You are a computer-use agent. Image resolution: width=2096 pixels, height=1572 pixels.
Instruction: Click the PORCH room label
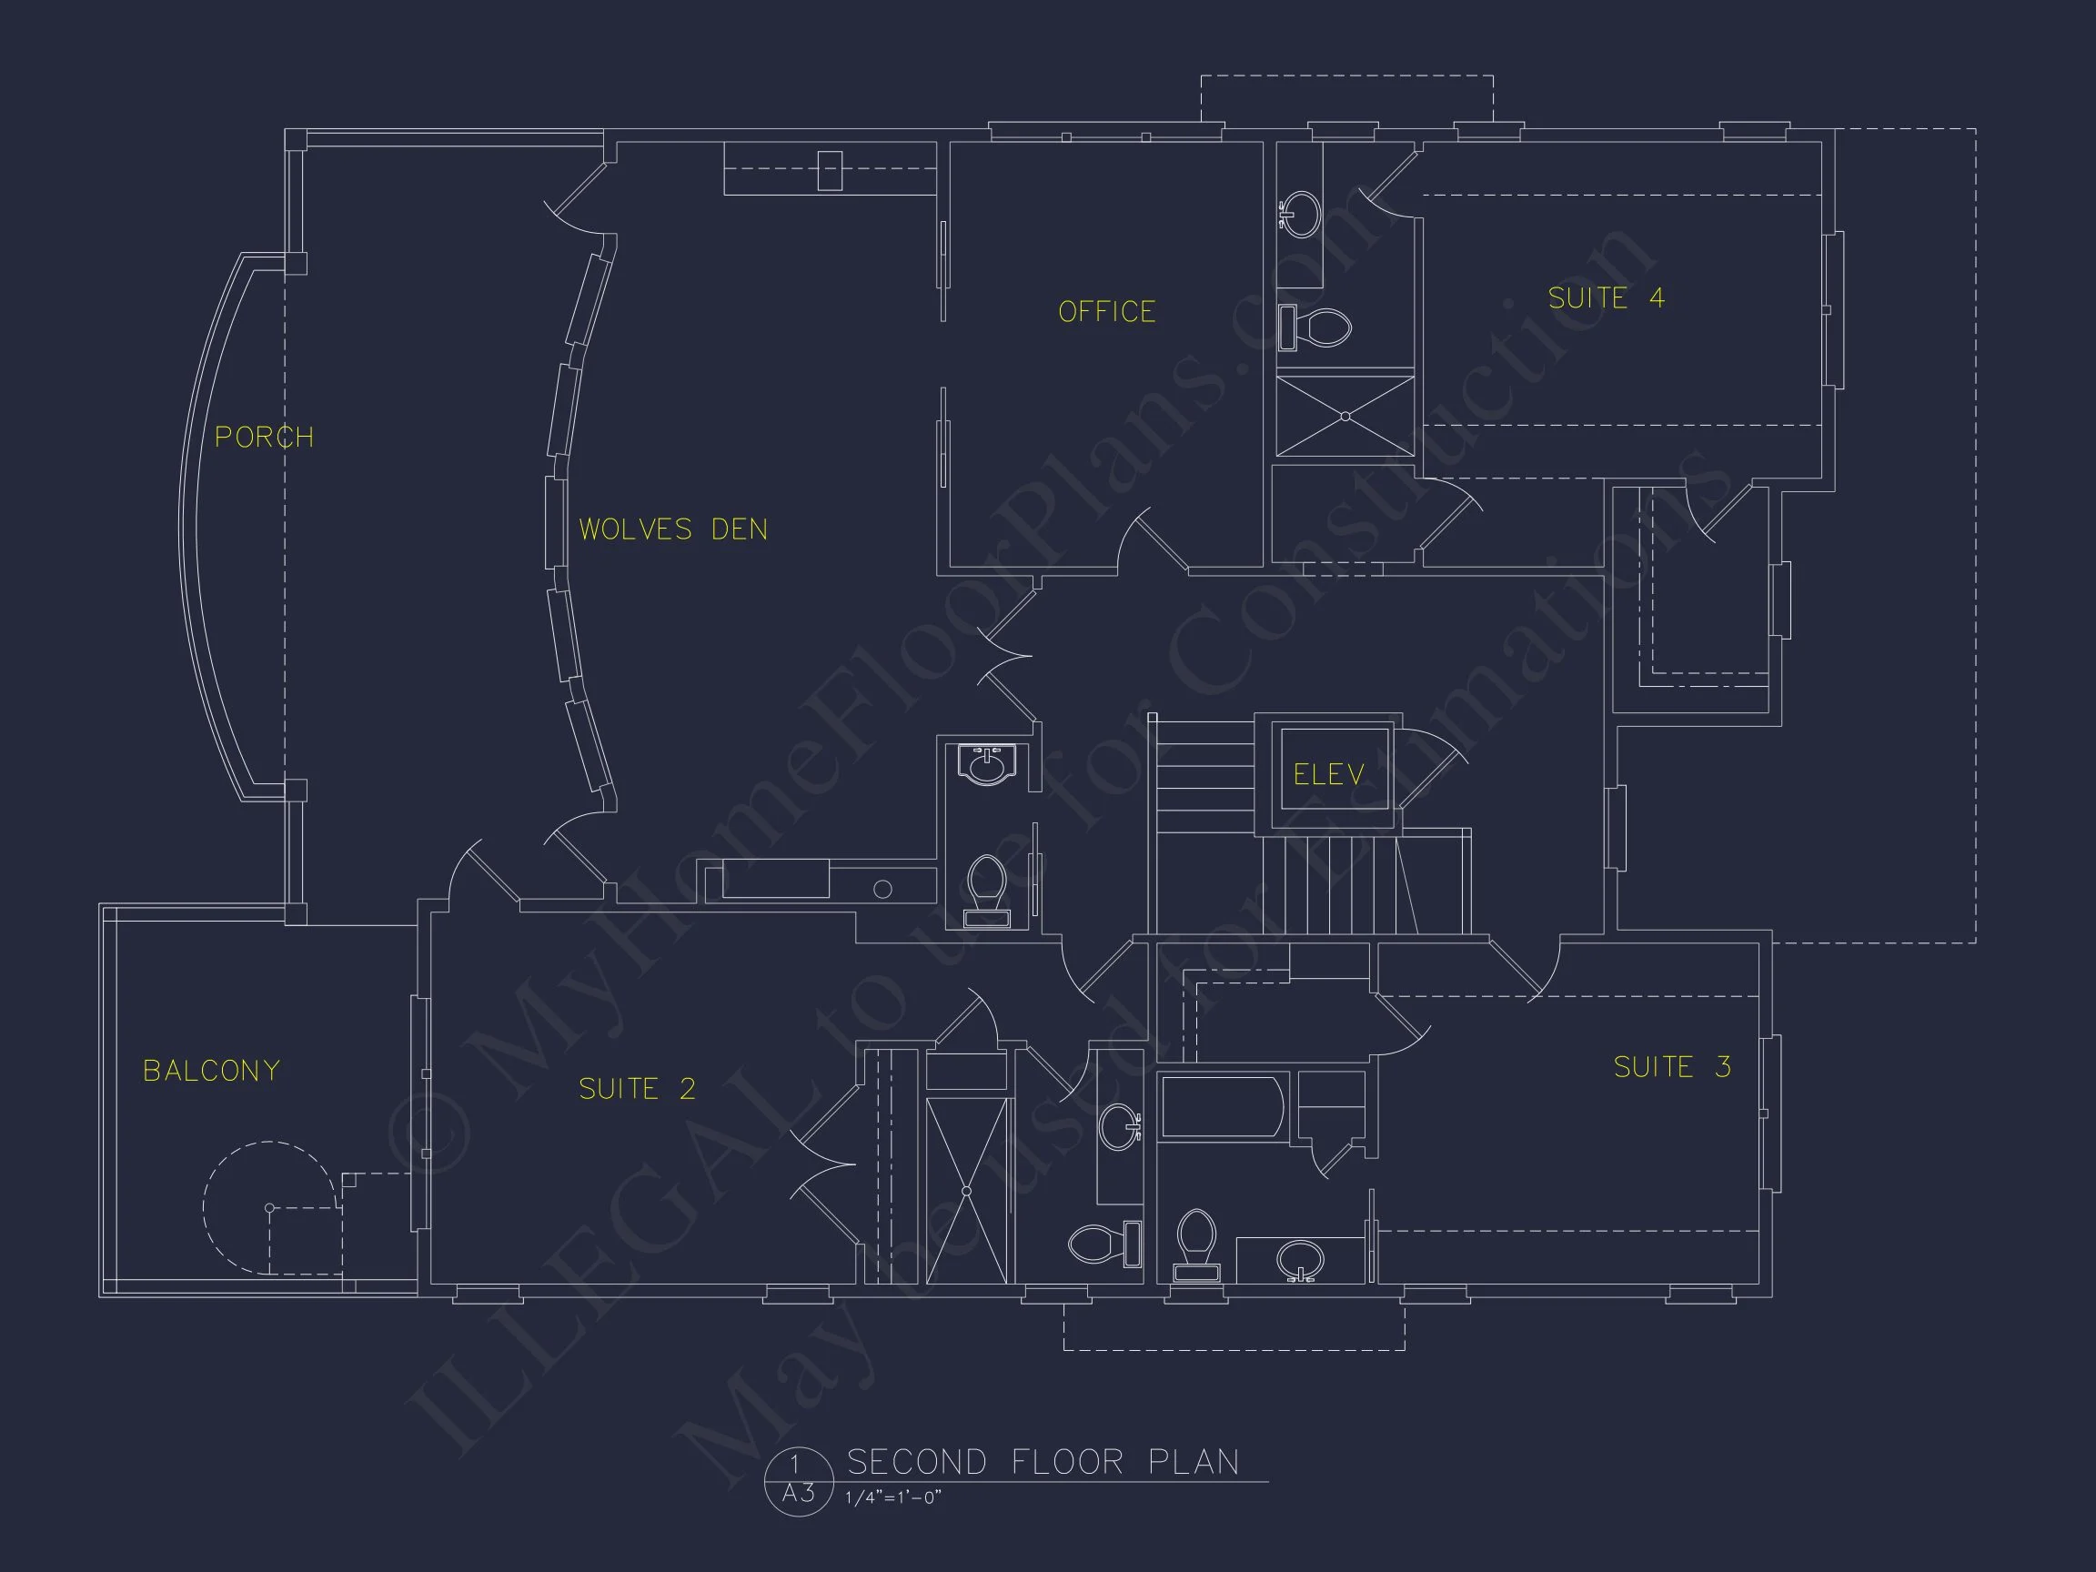[x=264, y=437]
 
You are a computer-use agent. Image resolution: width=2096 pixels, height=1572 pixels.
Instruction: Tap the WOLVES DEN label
[x=673, y=529]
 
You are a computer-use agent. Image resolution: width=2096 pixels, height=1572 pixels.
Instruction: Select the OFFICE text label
[x=1107, y=312]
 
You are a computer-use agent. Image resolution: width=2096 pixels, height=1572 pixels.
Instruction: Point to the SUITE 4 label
[x=1606, y=297]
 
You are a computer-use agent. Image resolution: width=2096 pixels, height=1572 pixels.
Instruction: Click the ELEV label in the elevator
[x=1328, y=774]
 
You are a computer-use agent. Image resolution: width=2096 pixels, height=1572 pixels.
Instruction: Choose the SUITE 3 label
[x=1672, y=1067]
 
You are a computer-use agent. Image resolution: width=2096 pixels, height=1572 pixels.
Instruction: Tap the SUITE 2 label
[x=637, y=1089]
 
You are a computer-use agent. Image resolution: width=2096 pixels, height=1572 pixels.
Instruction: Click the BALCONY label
[x=211, y=1071]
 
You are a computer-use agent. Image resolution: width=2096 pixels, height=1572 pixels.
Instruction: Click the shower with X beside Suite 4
[x=1345, y=416]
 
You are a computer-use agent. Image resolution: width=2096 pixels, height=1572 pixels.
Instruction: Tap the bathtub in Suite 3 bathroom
[x=1223, y=1106]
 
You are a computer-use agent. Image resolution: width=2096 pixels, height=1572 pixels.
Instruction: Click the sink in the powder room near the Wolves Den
[x=986, y=765]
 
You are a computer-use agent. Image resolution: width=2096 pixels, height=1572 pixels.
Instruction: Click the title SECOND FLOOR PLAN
[x=1043, y=1462]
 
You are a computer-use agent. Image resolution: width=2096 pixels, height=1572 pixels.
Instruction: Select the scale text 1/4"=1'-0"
[x=892, y=1498]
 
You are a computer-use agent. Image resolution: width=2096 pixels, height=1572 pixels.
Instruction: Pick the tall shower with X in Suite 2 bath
[x=965, y=1190]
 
